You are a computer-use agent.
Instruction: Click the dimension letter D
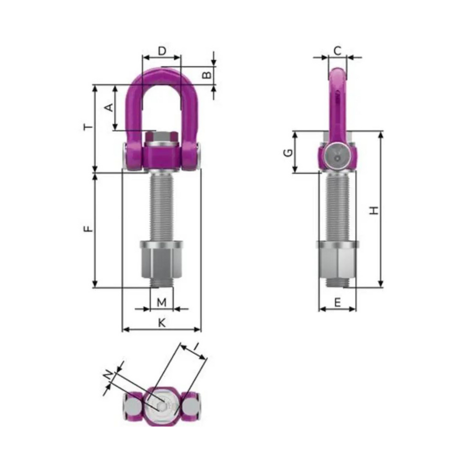coord(161,50)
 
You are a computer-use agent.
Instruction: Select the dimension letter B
coord(208,75)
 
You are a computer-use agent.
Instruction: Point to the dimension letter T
coord(88,127)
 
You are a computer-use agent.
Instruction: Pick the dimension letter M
coord(162,301)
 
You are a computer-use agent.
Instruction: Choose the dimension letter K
coord(161,322)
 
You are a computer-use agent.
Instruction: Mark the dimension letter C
coord(337,50)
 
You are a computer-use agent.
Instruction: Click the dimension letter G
coord(287,152)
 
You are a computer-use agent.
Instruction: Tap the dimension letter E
coord(337,302)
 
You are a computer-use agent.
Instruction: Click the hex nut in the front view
coord(162,263)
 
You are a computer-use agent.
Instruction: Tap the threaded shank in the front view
coord(162,207)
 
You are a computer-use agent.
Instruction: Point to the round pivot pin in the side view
coord(337,155)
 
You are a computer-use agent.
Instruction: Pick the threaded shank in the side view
coord(337,207)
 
